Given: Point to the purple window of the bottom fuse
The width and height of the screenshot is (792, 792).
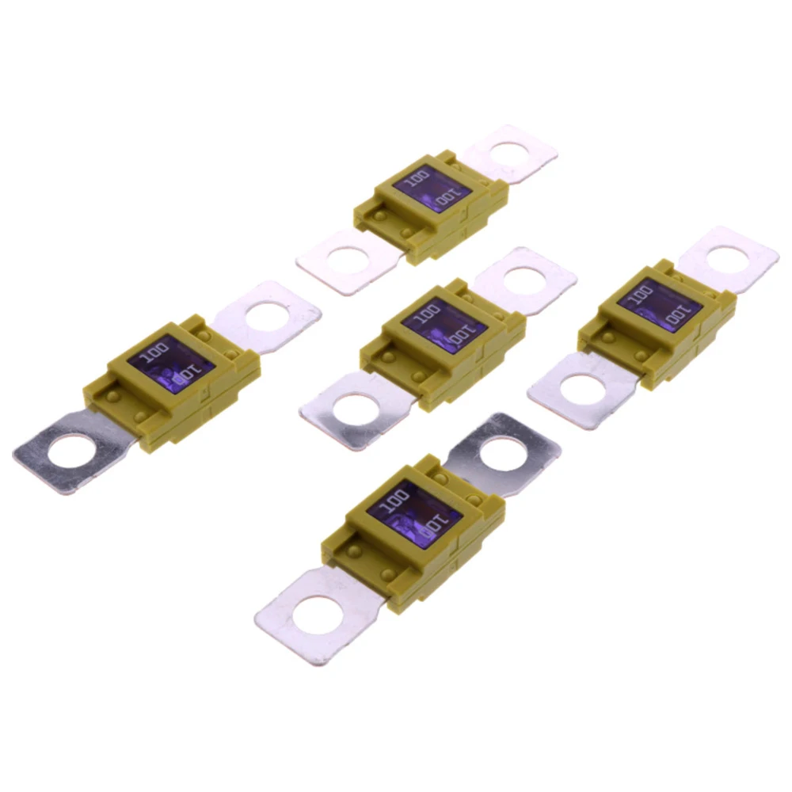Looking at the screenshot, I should pos(413,512).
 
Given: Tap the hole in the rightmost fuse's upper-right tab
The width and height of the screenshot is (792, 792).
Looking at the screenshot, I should pos(727,257).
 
